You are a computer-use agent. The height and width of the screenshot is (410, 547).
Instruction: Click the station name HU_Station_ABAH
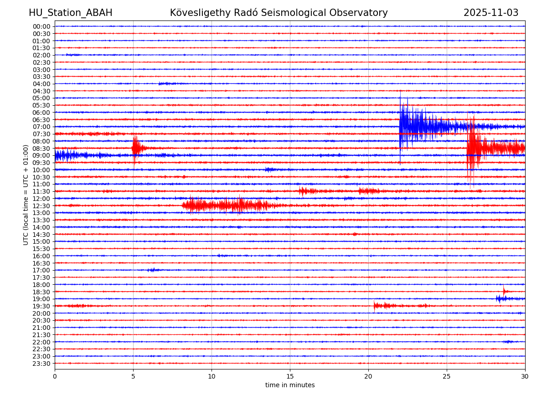70,13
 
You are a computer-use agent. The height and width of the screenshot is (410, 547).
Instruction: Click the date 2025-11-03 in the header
491,13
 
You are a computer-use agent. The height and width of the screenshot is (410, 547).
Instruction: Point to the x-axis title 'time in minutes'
290,385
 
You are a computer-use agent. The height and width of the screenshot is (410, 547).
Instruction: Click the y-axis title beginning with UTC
26,195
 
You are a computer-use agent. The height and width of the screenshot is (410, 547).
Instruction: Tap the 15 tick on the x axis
290,376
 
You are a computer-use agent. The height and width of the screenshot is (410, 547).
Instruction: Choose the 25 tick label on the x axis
447,376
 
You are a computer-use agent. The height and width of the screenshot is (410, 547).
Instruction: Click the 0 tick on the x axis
55,376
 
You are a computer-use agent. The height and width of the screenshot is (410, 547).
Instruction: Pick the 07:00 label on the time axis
41,127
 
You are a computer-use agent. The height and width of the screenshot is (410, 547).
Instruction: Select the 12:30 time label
41,206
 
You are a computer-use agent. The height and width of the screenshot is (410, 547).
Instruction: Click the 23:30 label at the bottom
41,364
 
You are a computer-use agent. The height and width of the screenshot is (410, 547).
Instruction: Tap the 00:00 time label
41,26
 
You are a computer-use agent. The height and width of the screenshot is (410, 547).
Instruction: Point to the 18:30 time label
41,292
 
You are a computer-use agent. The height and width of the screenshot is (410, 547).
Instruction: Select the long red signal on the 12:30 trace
228,205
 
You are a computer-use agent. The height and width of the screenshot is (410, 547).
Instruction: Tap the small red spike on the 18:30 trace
504,290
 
